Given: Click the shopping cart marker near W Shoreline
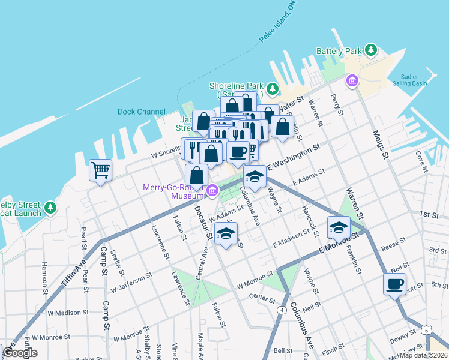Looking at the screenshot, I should (100, 170).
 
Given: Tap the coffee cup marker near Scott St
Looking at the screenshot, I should (394, 284).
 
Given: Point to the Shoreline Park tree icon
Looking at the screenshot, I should (273, 89).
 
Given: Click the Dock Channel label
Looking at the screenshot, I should (141, 112).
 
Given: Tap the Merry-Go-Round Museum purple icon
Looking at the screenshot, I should (211, 191).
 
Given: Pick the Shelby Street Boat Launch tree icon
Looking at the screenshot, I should (52, 208).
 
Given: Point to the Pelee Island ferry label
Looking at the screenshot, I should (277, 30).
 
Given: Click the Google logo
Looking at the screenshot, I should (20, 353).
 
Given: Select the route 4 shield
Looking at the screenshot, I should (281, 310).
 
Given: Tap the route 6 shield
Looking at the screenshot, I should (426, 330).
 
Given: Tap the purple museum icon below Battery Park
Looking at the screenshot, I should (351, 80).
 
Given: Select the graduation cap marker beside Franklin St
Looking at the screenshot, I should (339, 227).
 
